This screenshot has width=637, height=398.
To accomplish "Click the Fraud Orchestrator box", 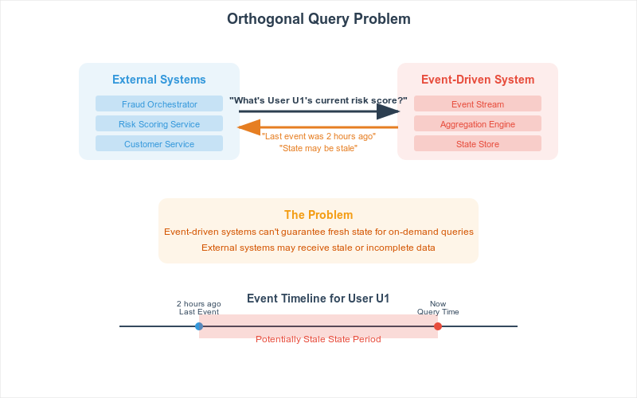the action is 159,103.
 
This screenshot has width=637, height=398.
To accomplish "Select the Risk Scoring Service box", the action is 159,123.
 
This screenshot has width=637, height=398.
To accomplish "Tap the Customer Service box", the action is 159,143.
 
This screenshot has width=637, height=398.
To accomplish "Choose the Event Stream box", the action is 478,103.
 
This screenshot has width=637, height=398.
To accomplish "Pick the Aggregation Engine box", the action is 478,123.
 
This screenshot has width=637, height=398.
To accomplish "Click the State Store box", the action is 478,143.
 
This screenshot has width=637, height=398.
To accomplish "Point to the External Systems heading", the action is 159,80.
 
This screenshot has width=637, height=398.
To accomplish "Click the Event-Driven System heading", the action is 478,80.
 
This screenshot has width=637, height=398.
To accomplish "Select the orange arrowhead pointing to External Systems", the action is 248,127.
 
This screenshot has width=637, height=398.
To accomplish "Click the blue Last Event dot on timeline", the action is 199,326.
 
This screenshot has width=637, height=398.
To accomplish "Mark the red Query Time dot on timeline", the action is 438,326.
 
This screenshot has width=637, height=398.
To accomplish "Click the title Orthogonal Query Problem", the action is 318,19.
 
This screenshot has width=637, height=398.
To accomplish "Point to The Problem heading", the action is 318,215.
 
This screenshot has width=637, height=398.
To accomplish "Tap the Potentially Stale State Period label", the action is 318,340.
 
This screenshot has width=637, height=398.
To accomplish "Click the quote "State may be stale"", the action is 318,148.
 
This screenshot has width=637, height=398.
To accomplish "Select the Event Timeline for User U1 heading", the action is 318,298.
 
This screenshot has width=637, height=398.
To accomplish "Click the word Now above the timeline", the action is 438,304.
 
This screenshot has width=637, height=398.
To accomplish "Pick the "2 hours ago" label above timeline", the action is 198,304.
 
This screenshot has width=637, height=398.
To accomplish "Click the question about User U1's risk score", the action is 318,100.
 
